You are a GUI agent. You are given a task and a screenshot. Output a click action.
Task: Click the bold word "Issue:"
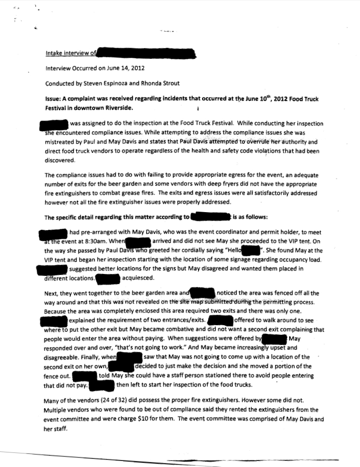pyautogui.click(x=53, y=100)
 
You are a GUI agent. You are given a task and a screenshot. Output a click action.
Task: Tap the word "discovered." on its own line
pyautogui.click(x=60, y=161)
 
